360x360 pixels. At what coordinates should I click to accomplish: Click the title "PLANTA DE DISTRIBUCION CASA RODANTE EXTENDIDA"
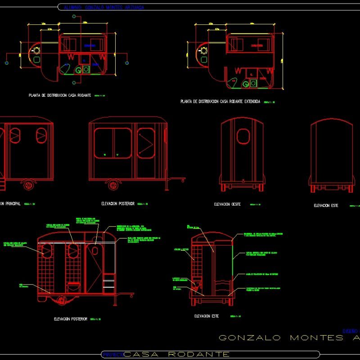click(x=220, y=102)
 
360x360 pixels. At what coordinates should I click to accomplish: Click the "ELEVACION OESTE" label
click(x=227, y=204)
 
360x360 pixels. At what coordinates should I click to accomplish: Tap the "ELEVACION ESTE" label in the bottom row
click(x=207, y=316)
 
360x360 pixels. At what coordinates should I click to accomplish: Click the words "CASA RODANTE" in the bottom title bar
click(x=176, y=355)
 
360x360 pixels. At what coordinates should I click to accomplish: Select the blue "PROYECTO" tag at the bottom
click(x=112, y=355)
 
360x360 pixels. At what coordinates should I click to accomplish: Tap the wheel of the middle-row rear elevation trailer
click(x=112, y=184)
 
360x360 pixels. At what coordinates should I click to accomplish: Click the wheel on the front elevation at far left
click(x=28, y=184)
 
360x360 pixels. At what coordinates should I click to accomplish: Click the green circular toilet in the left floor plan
click(x=79, y=70)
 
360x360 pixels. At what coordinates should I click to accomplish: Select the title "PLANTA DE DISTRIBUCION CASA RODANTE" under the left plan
click(x=60, y=95)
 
